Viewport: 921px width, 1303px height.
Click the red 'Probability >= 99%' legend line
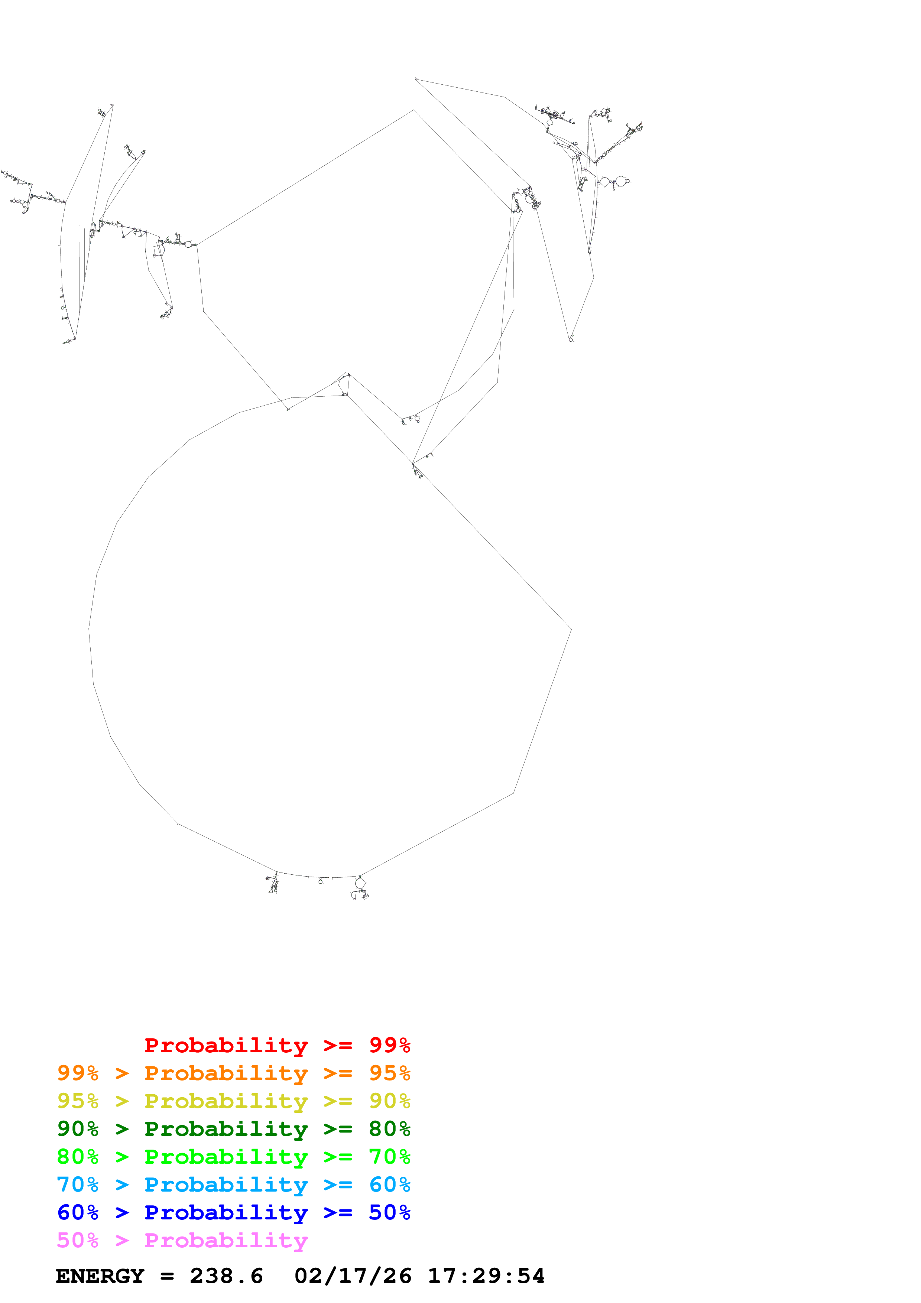(x=277, y=1045)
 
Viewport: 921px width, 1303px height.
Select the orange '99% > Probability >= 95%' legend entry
(x=233, y=1073)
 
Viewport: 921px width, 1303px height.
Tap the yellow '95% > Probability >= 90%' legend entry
(x=233, y=1101)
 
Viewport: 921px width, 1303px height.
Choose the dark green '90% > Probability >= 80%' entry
(x=233, y=1129)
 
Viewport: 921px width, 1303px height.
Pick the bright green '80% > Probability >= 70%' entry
(x=233, y=1157)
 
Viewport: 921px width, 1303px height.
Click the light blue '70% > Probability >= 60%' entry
(x=233, y=1185)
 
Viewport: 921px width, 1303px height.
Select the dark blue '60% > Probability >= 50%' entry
(x=233, y=1212)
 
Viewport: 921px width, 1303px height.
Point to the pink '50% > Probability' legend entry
(x=182, y=1240)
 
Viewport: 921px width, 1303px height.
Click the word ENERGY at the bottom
(x=100, y=1276)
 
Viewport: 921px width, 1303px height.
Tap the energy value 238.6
(x=226, y=1276)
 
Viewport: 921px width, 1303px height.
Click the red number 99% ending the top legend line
(x=390, y=1045)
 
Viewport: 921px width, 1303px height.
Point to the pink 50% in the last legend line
(x=78, y=1240)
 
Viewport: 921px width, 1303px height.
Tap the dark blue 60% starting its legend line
(x=78, y=1212)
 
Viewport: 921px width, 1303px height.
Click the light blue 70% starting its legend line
(x=78, y=1185)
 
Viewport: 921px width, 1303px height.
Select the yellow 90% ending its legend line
(x=390, y=1101)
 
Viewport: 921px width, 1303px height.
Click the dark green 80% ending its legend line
(x=390, y=1129)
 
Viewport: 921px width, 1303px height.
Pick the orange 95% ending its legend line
(x=390, y=1073)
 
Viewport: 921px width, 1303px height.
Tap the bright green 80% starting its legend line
(x=78, y=1157)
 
